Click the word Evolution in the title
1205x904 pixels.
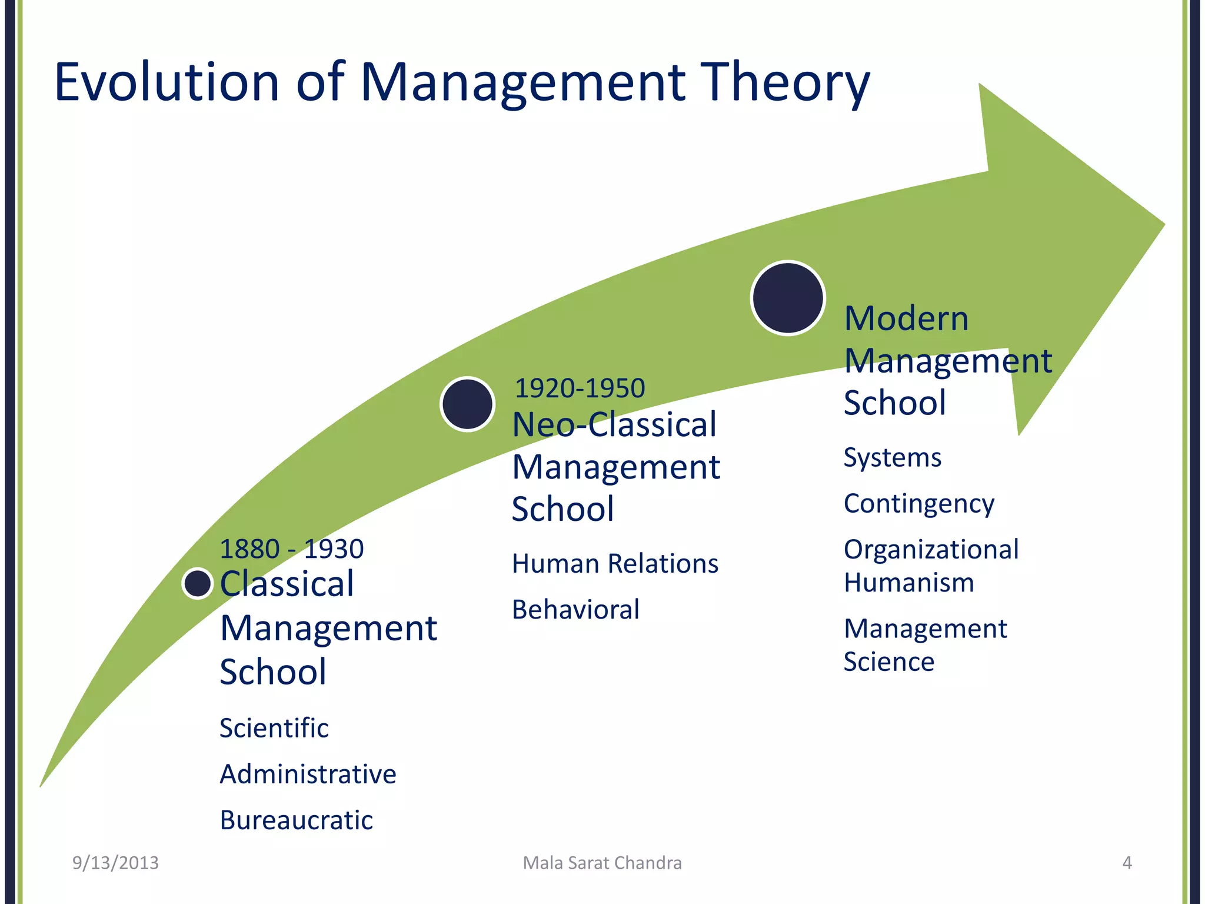167,82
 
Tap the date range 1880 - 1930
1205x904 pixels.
291,549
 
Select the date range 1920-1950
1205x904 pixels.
580,388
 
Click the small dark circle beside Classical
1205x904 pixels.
197,583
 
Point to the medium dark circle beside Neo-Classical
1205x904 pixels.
467,404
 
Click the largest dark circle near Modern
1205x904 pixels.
788,298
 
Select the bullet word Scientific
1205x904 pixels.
274,728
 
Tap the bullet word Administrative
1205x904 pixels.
308,774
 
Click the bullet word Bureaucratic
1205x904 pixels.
296,820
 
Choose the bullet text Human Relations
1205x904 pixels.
615,564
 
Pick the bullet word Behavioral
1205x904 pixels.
575,610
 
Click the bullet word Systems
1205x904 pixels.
892,458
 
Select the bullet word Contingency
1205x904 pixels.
918,504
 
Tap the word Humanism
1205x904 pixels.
908,583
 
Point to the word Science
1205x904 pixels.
888,662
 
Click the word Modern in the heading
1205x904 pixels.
906,319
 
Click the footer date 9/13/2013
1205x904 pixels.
115,863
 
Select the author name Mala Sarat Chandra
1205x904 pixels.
602,863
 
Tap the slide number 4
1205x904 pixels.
1127,863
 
